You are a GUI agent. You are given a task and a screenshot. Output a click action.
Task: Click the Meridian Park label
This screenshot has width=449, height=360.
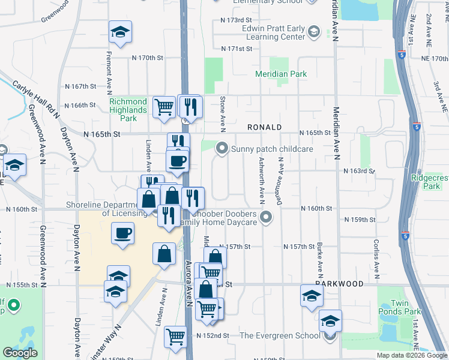point(281,74)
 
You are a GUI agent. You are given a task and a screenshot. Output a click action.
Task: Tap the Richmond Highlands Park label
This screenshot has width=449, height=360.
point(128,110)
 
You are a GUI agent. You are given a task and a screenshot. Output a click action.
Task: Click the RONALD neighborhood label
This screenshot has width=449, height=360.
point(265,128)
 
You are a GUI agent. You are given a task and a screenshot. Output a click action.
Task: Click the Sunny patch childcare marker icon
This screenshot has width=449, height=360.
point(223,148)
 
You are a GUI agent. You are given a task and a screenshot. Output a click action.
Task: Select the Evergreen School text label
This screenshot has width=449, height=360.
point(280,335)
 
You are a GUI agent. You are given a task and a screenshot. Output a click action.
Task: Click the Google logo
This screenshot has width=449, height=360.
point(20,353)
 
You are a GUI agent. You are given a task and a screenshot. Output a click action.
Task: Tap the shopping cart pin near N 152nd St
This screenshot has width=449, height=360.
point(175,336)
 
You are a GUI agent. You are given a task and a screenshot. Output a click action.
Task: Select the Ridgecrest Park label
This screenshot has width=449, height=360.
point(429,182)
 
